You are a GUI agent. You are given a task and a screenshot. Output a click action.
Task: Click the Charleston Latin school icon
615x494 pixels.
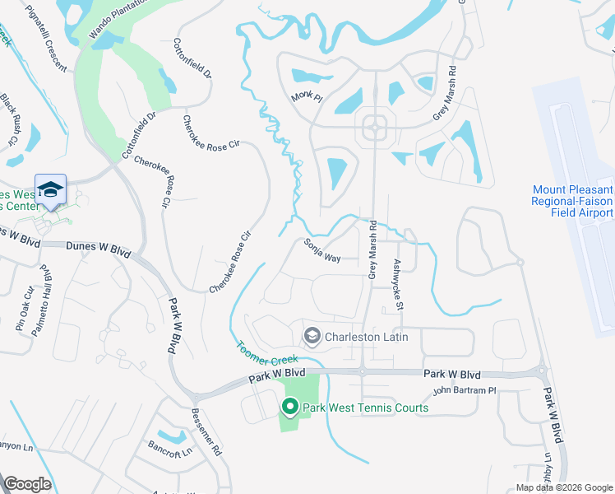(x=312, y=336)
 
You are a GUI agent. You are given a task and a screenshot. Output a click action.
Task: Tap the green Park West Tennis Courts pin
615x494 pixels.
(x=289, y=407)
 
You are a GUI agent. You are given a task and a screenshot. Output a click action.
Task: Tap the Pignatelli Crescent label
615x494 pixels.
(x=40, y=30)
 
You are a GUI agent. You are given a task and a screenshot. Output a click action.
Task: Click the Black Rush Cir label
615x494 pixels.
(x=9, y=119)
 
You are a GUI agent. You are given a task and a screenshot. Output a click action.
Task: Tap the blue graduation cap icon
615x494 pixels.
(x=50, y=189)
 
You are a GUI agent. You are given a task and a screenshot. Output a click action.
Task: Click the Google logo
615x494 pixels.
(x=28, y=484)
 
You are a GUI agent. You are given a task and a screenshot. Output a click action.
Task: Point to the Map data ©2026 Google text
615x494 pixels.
(x=563, y=487)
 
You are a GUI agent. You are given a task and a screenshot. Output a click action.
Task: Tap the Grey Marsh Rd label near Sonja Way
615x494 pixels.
(x=372, y=249)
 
